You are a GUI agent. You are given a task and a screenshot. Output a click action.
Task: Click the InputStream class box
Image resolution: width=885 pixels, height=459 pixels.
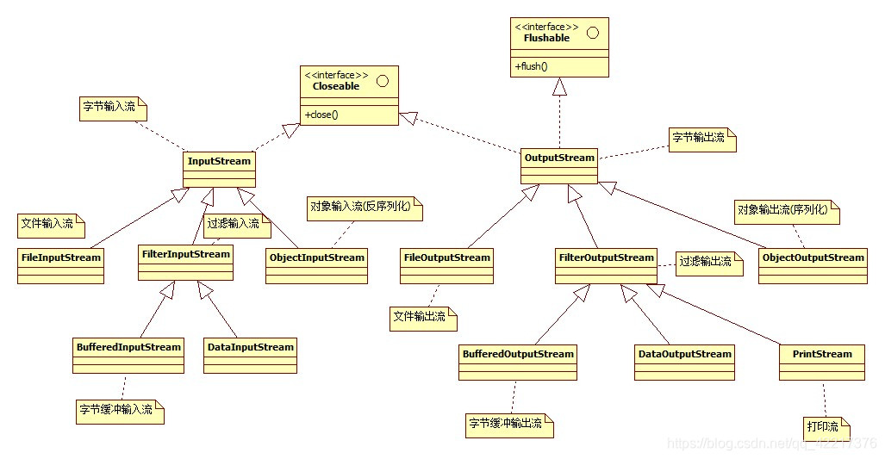[x=219, y=168]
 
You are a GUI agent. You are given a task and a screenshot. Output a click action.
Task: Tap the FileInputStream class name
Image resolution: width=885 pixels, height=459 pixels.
[x=60, y=257]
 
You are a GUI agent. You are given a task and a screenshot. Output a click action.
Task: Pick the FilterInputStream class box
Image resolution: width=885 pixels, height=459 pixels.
[x=185, y=262]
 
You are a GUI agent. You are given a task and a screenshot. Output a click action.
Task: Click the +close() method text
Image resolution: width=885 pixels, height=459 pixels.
[x=321, y=115]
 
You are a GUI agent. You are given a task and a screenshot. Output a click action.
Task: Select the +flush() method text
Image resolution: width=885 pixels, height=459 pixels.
[x=532, y=66]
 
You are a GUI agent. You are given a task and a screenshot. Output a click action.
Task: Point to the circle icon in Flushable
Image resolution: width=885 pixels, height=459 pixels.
[x=593, y=33]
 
